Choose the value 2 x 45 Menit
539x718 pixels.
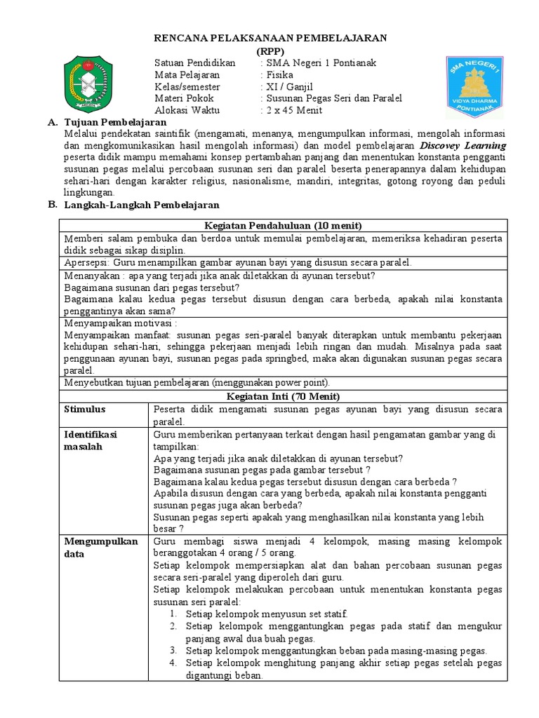[293, 111]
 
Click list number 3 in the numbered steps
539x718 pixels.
[173, 651]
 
